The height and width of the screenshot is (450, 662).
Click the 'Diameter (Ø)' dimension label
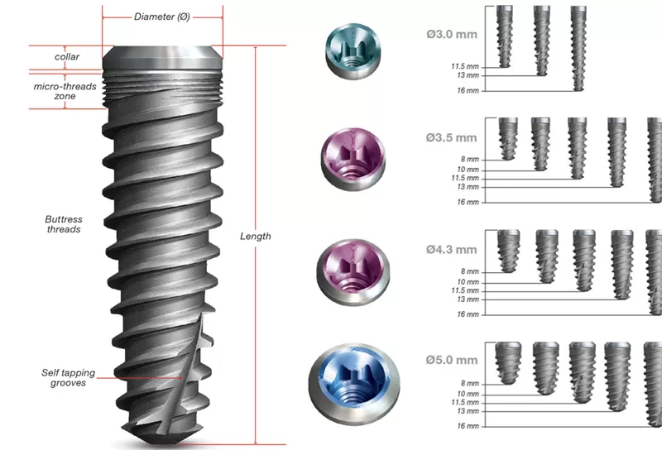point(162,17)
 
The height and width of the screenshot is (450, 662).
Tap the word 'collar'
point(67,56)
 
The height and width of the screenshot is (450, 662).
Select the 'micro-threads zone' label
point(65,91)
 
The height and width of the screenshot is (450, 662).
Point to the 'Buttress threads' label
point(64,224)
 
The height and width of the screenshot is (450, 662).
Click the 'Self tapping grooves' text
point(69,378)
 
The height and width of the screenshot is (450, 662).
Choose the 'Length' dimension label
point(256,237)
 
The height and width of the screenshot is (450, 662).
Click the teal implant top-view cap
point(353,51)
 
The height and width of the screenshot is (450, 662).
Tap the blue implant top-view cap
point(354,383)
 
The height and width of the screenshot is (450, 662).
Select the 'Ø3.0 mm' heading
point(452,34)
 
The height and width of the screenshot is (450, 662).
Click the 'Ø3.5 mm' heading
point(451,137)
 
